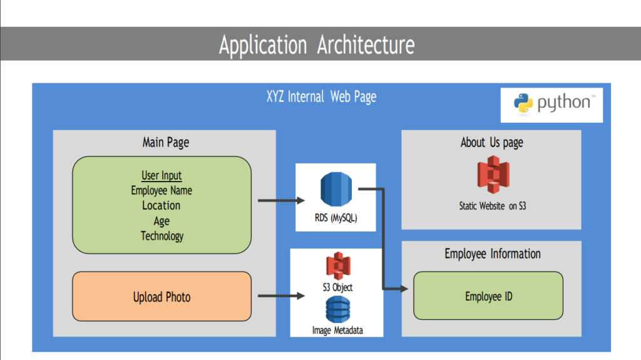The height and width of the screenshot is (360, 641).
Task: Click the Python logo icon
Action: point(523,103)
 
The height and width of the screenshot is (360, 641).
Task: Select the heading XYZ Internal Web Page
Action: point(321,97)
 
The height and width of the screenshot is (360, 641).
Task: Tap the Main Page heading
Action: point(166,142)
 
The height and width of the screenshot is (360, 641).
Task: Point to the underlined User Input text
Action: point(162,176)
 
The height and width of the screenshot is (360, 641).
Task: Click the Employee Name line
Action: point(162,190)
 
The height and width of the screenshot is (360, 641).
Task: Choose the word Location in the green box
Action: point(161,205)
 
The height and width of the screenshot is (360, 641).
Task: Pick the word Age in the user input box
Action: point(162,220)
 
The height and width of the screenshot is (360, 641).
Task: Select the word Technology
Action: point(162,235)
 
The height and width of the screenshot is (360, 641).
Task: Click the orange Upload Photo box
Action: point(162,297)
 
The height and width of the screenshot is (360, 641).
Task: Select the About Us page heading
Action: point(491,142)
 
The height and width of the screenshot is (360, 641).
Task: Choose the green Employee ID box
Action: point(488,296)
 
